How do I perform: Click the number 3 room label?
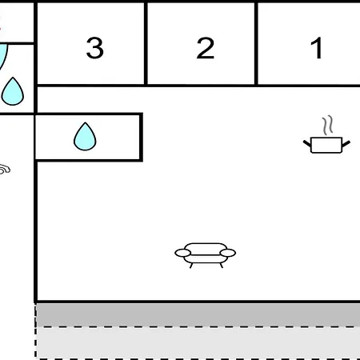95,48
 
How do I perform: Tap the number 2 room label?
206,48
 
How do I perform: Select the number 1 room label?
317,48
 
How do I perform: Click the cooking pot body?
326,145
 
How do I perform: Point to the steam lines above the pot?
328,125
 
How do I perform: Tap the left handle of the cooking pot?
307,143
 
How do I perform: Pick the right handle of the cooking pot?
346,143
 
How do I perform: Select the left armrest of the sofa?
183,253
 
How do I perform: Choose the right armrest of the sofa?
228,253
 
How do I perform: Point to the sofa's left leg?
191,266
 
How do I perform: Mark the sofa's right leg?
222,266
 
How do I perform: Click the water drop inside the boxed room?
85,137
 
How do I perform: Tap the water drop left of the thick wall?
13,91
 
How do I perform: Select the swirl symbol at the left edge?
4,169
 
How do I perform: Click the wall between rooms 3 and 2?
146,43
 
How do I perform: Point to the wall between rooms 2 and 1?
256,43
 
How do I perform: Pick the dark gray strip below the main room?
198,314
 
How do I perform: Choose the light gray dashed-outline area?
198,343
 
